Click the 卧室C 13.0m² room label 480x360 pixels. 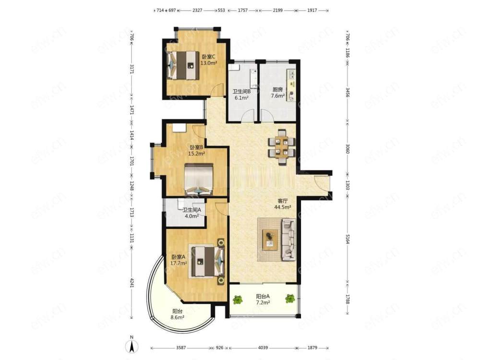(209, 60)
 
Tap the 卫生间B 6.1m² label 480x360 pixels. (241, 95)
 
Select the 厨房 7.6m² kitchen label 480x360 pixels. (277, 93)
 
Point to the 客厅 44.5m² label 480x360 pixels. (282, 204)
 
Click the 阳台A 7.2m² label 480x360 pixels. (263, 300)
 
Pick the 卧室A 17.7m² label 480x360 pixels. (179, 260)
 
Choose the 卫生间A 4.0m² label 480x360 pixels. (192, 213)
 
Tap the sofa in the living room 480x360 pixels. (288, 240)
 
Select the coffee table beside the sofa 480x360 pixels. (270, 240)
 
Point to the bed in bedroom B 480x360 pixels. (199, 180)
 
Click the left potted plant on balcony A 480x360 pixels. (238, 300)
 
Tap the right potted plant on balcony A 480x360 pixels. (290, 298)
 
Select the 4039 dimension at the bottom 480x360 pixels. (263, 348)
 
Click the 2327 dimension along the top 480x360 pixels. (197, 11)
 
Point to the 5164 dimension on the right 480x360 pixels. (348, 237)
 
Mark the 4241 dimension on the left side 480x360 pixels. (132, 283)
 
